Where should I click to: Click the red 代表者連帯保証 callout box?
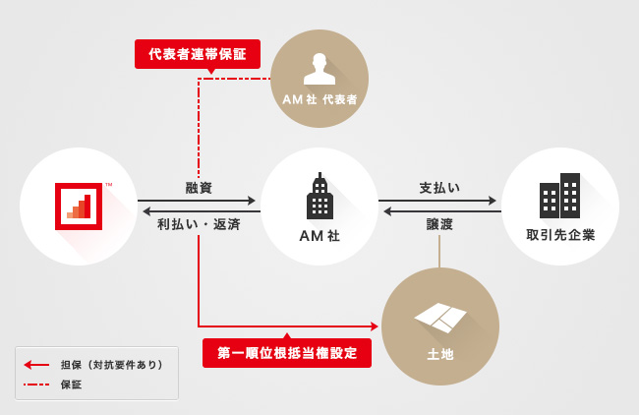click(198, 54)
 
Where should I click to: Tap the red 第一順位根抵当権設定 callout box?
click(287, 353)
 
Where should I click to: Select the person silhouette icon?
click(319, 69)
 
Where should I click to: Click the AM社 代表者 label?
click(319, 99)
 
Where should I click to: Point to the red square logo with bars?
click(79, 207)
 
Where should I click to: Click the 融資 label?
click(199, 188)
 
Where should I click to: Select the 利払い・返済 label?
click(199, 224)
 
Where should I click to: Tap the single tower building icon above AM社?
click(319, 196)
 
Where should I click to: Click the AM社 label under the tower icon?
click(319, 236)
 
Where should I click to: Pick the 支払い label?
click(439, 188)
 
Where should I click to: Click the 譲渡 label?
click(439, 224)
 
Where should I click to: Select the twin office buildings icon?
click(560, 196)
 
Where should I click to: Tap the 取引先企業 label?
click(560, 235)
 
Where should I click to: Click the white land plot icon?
click(440, 318)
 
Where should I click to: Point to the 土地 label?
click(440, 354)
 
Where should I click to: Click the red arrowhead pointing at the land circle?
click(375, 326)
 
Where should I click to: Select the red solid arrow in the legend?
click(36, 365)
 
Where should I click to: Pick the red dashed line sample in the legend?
click(36, 385)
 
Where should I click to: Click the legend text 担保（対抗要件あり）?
click(112, 365)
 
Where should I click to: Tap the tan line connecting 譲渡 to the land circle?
click(439, 251)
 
